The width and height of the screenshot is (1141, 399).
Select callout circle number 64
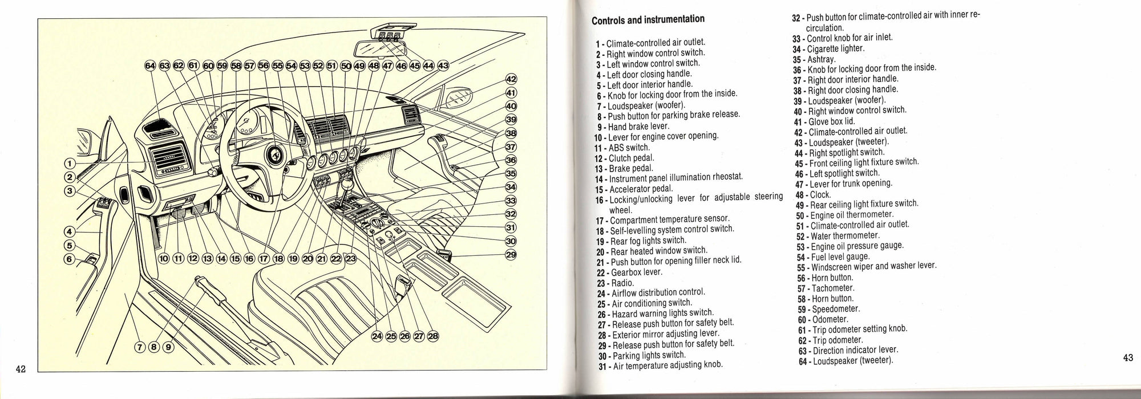pos(150,66)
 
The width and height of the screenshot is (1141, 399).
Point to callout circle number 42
pos(511,80)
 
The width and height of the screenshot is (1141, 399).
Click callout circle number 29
pos(511,254)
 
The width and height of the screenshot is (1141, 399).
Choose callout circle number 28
pos(433,336)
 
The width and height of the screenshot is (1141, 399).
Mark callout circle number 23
pos(350,259)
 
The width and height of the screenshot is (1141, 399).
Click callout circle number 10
pos(164,259)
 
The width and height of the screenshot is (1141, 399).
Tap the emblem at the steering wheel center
pos(274,156)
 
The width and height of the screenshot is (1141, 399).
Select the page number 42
pos(21,368)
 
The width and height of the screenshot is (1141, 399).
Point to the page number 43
pos(1127,358)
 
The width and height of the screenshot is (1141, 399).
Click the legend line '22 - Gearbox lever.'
pos(629,272)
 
